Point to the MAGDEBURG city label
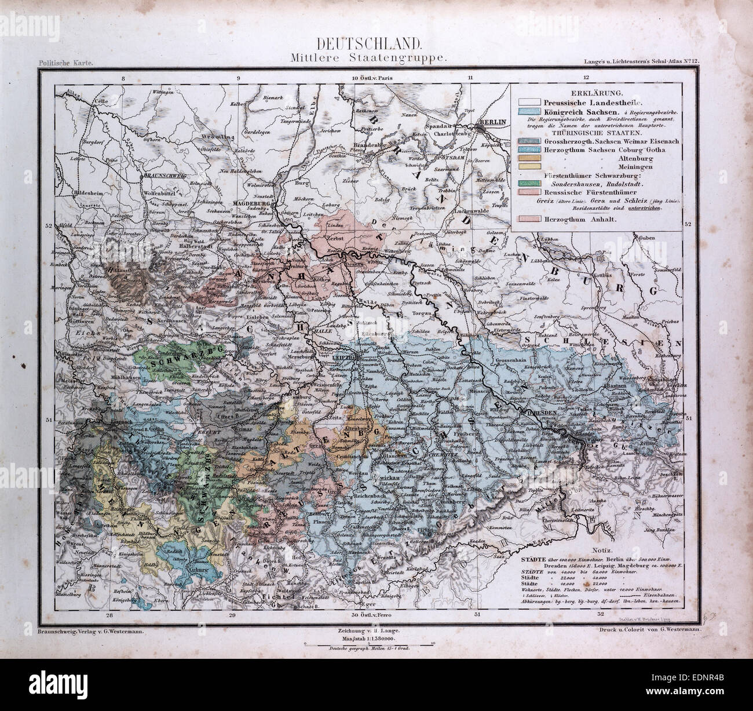(251, 203)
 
